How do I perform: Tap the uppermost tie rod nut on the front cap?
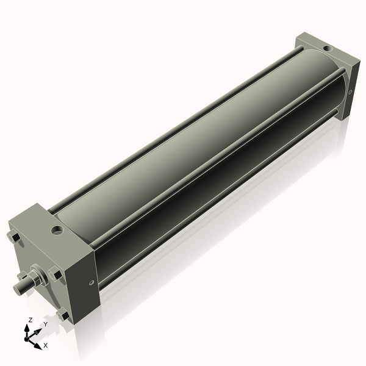pos(13,237)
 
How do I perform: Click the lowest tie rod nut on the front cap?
pos(63,315)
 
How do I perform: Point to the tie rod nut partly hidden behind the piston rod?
pos(21,276)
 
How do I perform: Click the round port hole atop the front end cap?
pos(57,231)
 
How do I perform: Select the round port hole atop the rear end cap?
pos(328,47)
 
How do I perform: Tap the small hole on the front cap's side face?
pos(91,282)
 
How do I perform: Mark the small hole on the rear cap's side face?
pos(351,91)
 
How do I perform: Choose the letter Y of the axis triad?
pos(45,325)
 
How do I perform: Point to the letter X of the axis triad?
pos(45,345)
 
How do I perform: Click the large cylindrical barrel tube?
pos(201,146)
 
